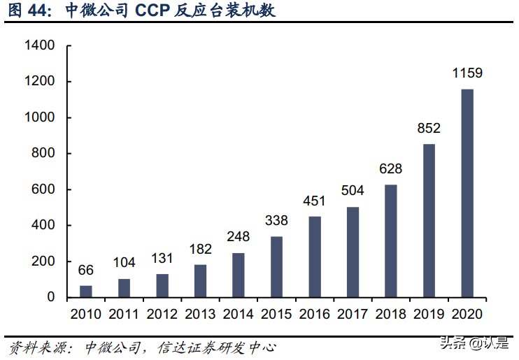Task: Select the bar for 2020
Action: coord(467,193)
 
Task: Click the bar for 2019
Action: coord(429,220)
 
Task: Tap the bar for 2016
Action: coord(315,257)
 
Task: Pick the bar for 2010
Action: coord(85,291)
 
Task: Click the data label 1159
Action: coord(467,73)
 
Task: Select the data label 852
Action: coord(429,128)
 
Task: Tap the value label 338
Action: coord(276,220)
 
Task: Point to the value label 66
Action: coord(85,269)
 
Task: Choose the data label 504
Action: coord(353,191)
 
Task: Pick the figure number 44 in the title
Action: coord(39,12)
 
